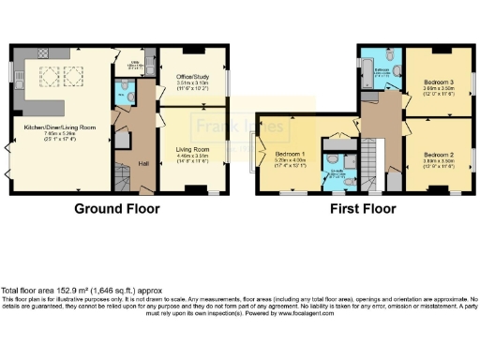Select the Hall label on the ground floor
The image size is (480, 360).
pos(143,164)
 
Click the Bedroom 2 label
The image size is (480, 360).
pos(438,154)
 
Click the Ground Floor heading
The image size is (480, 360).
pos(117,208)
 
